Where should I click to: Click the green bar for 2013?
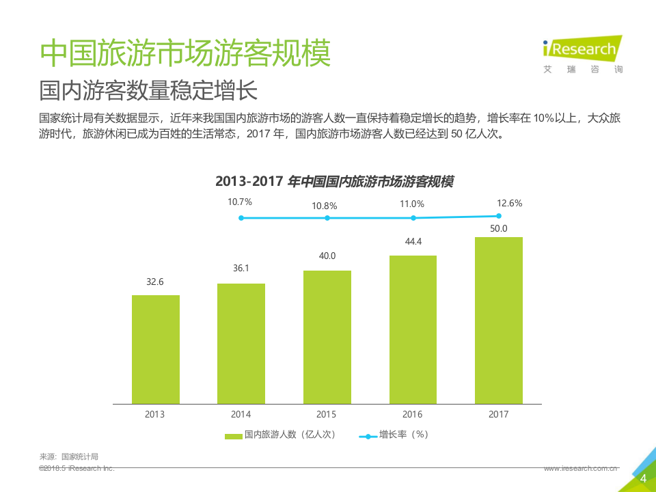pos(155,349)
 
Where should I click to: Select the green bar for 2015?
pos(327,337)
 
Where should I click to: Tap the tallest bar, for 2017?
pos(499,320)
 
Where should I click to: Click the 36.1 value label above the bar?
pos(241,269)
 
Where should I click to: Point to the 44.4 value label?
pos(413,241)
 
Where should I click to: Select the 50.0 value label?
pos(499,228)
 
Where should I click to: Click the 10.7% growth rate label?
pos(240,202)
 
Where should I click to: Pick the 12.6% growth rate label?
pos(510,203)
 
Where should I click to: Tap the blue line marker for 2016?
pos(413,218)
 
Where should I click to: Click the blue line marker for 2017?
pos(499,216)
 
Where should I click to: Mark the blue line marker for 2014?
pos(241,218)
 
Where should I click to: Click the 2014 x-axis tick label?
pos(241,414)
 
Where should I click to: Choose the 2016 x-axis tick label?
pos(413,414)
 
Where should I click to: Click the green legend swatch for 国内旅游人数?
pos(234,435)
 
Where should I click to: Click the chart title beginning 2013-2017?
pos(334,182)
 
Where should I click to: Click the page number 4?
pos(642,479)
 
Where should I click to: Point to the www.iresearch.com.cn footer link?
pos(580,469)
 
